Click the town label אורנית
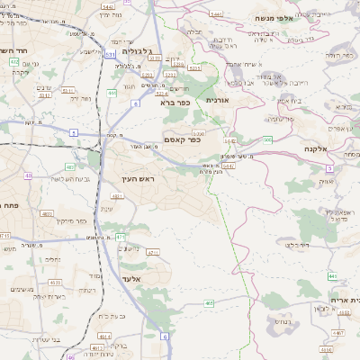(x=219, y=100)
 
